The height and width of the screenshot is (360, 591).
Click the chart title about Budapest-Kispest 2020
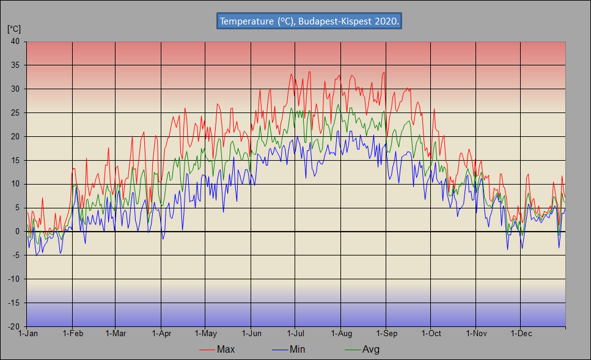tap(310, 21)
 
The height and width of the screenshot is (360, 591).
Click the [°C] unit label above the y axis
tap(13, 29)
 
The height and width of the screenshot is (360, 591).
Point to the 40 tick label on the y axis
tap(15, 42)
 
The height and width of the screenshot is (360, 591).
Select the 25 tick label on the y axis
tap(15, 113)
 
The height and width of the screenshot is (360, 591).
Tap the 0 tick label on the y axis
tap(17, 232)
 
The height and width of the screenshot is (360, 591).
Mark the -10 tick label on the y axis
tap(13, 279)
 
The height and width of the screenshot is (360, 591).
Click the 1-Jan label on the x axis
tap(28, 334)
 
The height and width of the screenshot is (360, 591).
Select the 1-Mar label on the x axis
tap(116, 334)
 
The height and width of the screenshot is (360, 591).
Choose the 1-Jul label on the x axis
tap(295, 334)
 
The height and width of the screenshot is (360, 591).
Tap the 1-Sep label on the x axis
tap(386, 334)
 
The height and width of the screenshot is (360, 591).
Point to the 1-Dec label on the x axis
tap(521, 334)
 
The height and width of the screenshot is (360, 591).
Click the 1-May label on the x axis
tap(205, 334)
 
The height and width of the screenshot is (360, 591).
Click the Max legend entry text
tap(226, 350)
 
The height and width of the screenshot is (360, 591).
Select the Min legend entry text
tap(297, 350)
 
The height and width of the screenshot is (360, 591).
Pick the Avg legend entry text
tap(371, 350)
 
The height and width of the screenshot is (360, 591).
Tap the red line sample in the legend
tap(207, 350)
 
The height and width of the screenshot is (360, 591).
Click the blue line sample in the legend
tap(279, 350)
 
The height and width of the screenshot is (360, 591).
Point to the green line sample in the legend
tap(352, 350)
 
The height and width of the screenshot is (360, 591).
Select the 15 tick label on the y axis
tap(15, 160)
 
